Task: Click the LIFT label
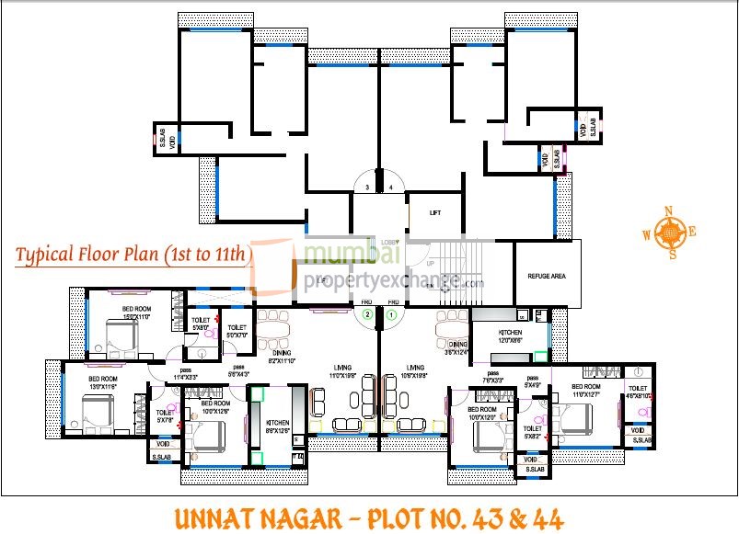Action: (435, 212)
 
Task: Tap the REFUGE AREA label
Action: (547, 276)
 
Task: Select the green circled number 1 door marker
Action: (391, 314)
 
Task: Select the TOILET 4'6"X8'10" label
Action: (637, 392)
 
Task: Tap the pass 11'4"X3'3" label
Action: (188, 375)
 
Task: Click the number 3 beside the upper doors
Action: (367, 187)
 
